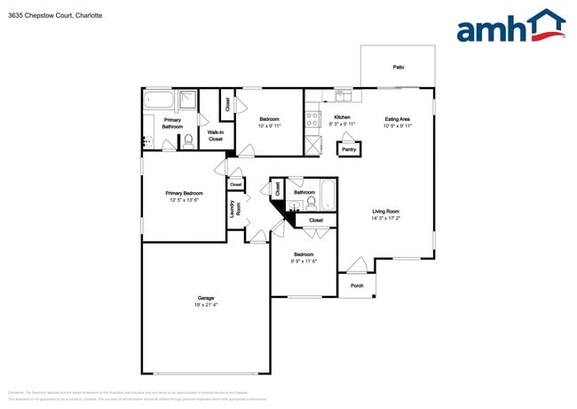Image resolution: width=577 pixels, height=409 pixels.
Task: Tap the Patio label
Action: [x=398, y=67]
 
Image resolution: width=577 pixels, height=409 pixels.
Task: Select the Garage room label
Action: [x=205, y=299]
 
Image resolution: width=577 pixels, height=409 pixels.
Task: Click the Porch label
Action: [x=357, y=285]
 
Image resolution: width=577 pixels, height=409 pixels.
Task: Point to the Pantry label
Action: [x=349, y=149]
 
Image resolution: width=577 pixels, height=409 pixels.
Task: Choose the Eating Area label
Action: [x=397, y=118]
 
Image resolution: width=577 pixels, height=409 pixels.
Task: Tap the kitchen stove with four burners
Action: [x=312, y=117]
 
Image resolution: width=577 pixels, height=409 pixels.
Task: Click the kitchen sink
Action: [x=343, y=95]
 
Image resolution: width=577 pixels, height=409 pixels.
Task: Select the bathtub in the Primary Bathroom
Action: [x=160, y=100]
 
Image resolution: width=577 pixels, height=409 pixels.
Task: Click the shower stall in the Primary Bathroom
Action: [x=188, y=100]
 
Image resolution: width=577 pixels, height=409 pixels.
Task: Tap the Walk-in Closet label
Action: [x=215, y=135]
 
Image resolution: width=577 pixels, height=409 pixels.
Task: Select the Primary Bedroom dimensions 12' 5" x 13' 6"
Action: [x=184, y=200]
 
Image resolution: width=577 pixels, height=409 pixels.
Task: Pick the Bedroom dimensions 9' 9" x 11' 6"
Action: [x=304, y=261]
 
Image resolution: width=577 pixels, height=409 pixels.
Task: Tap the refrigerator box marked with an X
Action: [x=312, y=145]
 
